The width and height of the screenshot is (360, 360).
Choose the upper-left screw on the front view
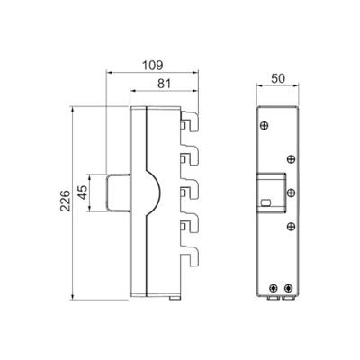[x=265, y=123]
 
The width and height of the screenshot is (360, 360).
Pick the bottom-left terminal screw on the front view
[x=271, y=288]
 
